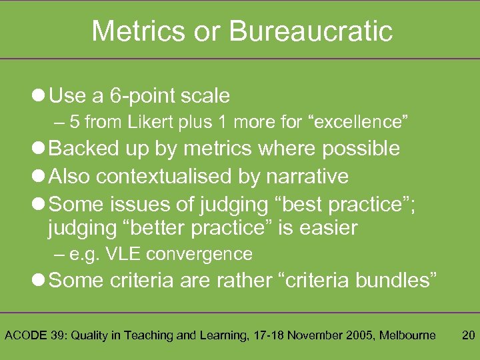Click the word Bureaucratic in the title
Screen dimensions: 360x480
point(310,31)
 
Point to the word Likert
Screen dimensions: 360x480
point(183,123)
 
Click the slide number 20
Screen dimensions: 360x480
point(468,335)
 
